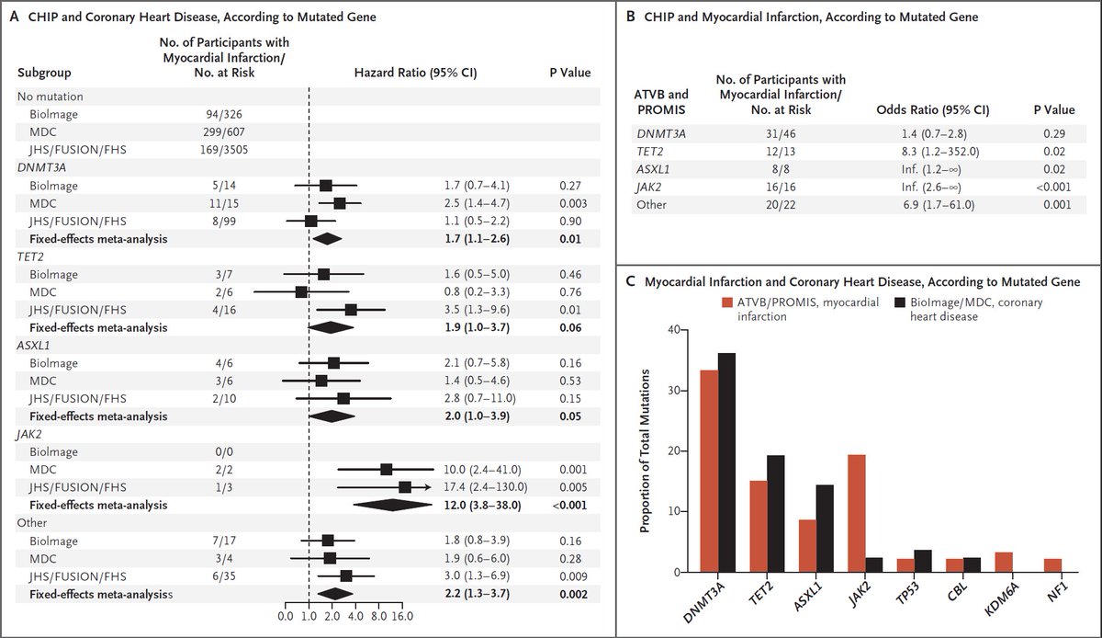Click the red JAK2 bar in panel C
[x=856, y=513]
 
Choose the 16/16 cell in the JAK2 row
[x=779, y=187]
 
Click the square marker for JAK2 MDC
[x=387, y=470]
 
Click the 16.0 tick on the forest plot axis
[x=403, y=614]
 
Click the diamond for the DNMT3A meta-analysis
[x=327, y=239]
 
